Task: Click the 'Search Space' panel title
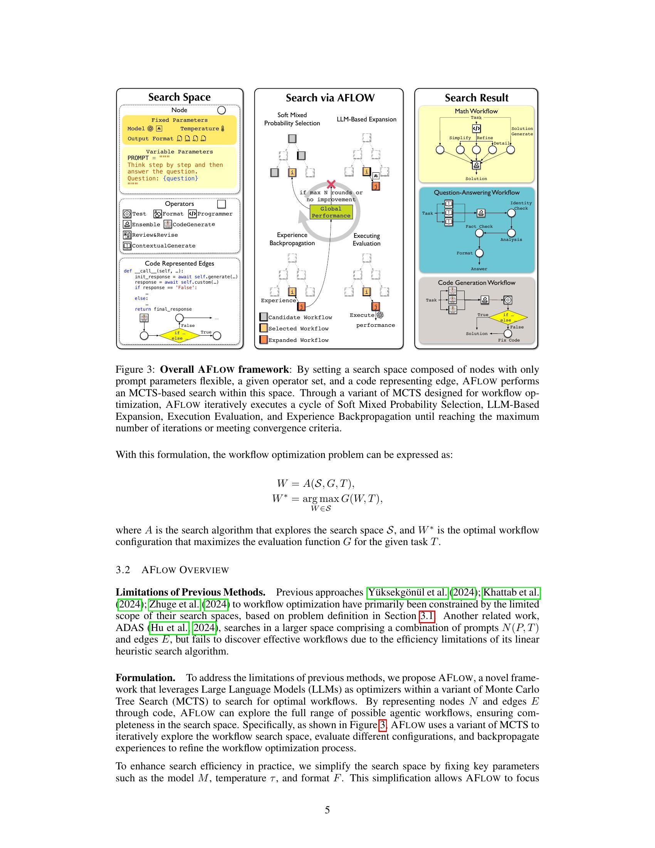pos(179,97)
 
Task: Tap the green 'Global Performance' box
pos(331,212)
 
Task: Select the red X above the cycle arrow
pos(331,184)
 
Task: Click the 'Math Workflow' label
pos(476,111)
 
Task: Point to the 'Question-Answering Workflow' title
pos(476,193)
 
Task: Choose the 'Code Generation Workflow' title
pos(476,283)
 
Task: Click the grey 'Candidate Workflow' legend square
pos(264,317)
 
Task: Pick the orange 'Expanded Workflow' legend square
pos(264,340)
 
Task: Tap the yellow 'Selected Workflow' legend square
pos(264,328)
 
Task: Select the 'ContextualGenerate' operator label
pos(163,246)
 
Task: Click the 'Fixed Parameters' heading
pos(179,120)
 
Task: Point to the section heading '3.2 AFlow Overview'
pos(172,570)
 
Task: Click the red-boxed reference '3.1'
pos(427,616)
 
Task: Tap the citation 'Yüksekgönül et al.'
pos(407,592)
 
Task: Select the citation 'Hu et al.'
pos(169,628)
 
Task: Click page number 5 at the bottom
pos(327,810)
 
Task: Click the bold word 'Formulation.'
pos(146,678)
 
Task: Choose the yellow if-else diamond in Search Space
pos(180,335)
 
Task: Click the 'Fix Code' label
pos(509,340)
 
